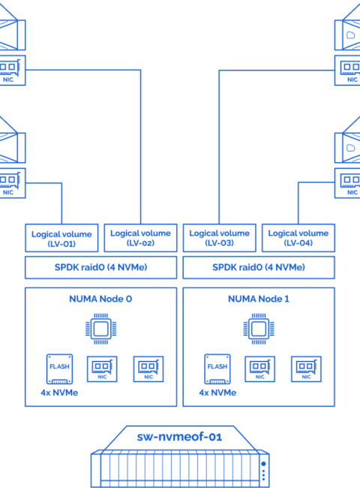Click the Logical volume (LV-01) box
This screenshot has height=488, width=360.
click(x=61, y=238)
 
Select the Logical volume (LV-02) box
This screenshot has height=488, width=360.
click(x=140, y=238)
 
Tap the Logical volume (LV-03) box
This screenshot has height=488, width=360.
click(x=220, y=238)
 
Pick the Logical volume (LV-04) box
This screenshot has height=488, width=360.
click(x=298, y=238)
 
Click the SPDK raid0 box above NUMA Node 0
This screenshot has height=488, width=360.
click(x=101, y=268)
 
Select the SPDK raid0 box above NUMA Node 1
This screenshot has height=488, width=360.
click(x=259, y=268)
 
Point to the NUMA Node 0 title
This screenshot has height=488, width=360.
click(x=100, y=299)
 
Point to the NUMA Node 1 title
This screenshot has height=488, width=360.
click(x=259, y=299)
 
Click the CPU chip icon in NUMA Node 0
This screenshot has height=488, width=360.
click(x=101, y=329)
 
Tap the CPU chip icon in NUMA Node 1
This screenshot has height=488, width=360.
click(x=259, y=329)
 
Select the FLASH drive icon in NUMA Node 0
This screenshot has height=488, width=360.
click(x=60, y=369)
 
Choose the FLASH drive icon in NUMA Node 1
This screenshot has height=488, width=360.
click(x=217, y=369)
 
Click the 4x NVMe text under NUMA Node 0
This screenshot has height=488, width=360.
click(x=59, y=393)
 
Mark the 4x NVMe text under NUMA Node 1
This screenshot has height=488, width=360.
click(x=217, y=393)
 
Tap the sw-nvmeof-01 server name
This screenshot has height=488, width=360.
click(x=180, y=437)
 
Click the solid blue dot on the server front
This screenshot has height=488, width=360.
click(x=264, y=464)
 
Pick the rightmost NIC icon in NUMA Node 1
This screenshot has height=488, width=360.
click(x=306, y=369)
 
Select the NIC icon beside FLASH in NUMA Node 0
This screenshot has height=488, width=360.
click(x=102, y=369)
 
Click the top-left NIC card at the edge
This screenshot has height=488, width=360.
click(x=13, y=71)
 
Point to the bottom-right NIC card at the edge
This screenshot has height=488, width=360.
click(x=347, y=183)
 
